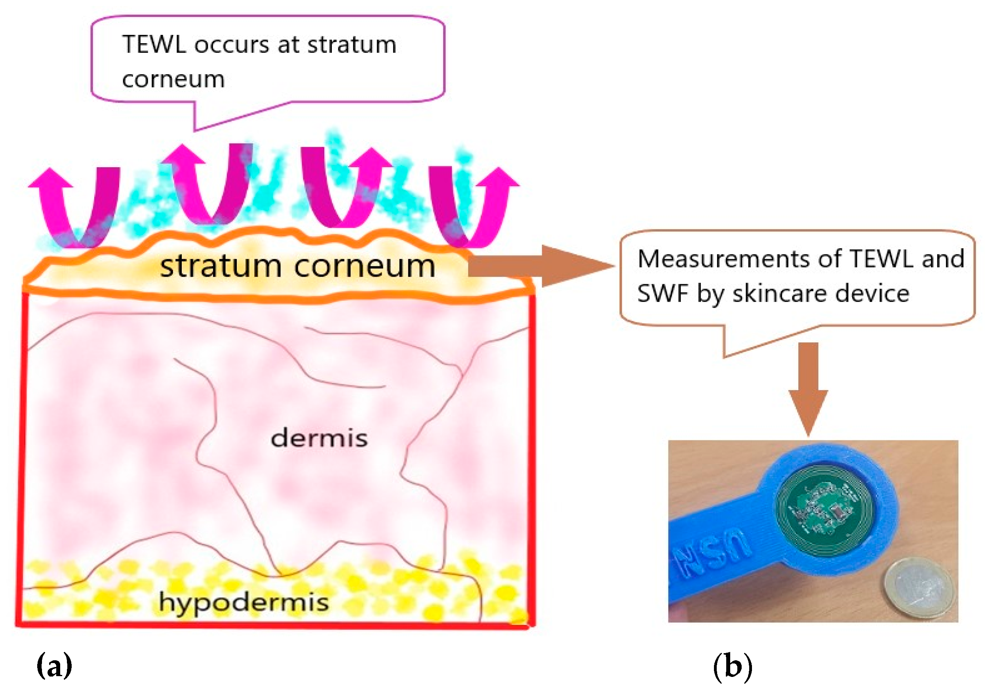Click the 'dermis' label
click(319, 438)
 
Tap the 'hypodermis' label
click(244, 602)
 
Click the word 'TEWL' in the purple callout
click(154, 45)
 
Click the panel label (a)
click(55, 666)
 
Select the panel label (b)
click(733, 666)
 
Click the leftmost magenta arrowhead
click(51, 178)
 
